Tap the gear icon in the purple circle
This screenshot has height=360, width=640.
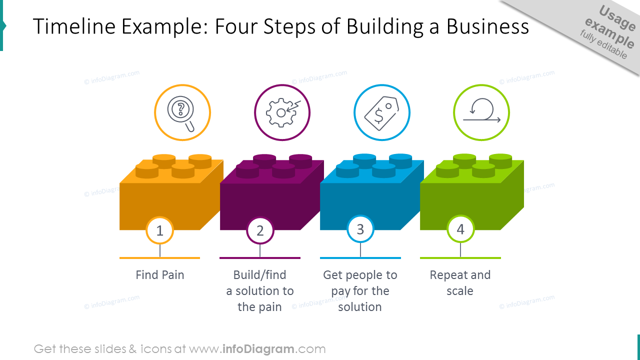click(x=282, y=112)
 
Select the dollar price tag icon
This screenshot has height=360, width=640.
click(x=381, y=112)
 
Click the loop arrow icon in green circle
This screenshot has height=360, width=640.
click(x=481, y=112)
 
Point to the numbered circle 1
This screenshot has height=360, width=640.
click(x=160, y=230)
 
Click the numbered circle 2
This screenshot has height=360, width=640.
click(x=260, y=230)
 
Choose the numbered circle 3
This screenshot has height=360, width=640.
click(x=360, y=229)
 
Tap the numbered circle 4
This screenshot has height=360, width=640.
click(x=460, y=229)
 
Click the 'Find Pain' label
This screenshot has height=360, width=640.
click(x=160, y=275)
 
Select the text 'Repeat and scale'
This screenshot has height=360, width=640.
click(x=460, y=283)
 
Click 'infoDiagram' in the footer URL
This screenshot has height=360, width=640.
click(x=257, y=349)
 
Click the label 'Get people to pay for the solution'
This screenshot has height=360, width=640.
click(x=360, y=291)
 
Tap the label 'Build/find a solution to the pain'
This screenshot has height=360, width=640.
click(x=260, y=291)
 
